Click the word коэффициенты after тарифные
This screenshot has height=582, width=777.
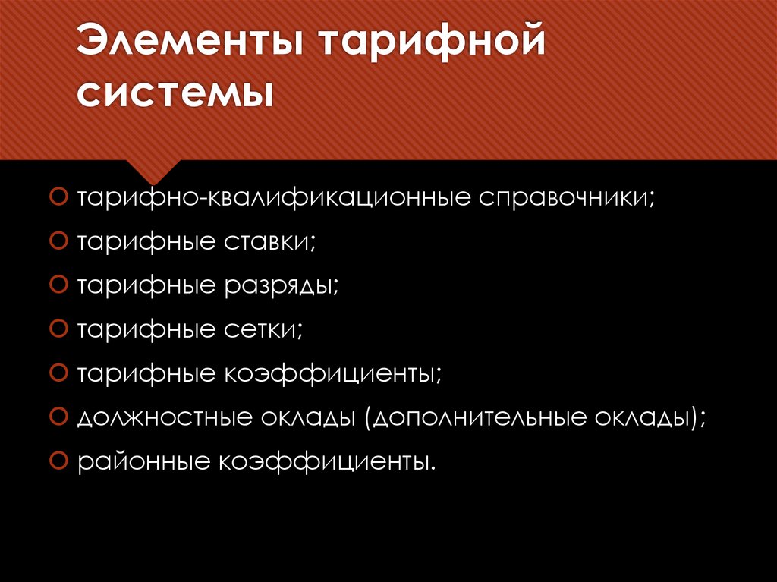[332, 373]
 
